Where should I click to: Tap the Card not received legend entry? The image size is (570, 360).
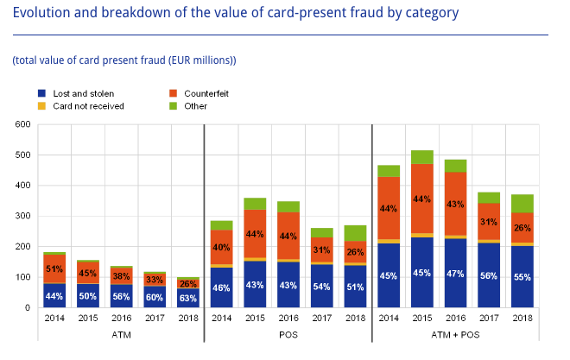pos(87,106)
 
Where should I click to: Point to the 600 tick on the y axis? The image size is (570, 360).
pos(22,124)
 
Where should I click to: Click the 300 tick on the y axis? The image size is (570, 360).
pos(22,217)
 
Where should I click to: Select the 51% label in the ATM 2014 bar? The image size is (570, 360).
pos(54,269)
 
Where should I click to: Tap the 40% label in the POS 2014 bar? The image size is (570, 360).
pos(222,248)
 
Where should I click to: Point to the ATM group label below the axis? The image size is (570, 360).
pos(121,336)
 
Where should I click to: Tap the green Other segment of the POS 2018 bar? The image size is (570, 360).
pos(356,233)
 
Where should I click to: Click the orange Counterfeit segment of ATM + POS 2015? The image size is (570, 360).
pos(423,198)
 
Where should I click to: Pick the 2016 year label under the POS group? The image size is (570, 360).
pos(289,318)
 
